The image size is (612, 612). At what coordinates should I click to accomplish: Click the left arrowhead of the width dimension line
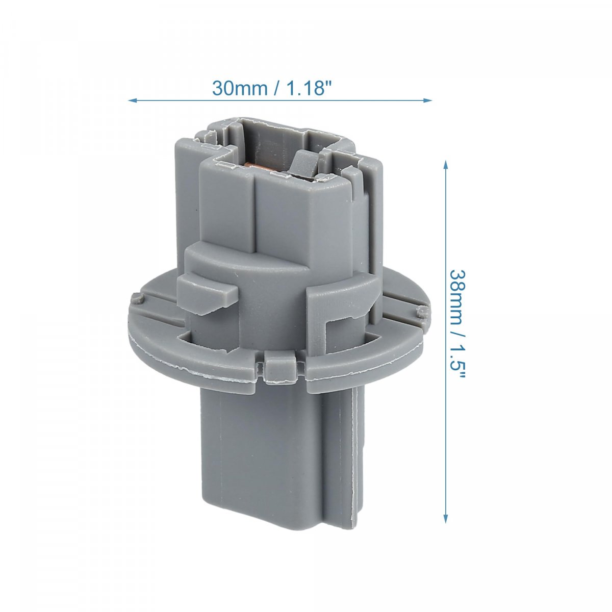click(x=132, y=100)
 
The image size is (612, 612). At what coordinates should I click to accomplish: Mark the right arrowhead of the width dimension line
click(x=428, y=100)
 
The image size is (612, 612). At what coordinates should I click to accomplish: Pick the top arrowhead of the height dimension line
click(x=445, y=165)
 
